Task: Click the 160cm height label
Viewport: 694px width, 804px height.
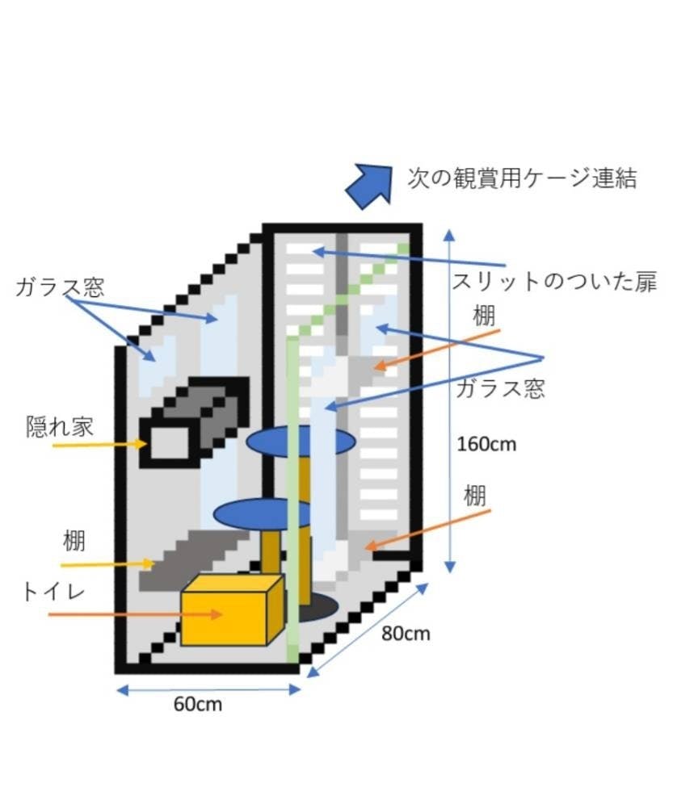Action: tap(486, 444)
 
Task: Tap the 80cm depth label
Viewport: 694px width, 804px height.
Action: tap(406, 634)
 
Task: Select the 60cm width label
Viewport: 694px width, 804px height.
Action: tap(198, 704)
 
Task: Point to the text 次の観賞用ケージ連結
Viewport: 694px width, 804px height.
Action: tap(522, 178)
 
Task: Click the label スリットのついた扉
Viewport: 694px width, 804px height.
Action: tap(554, 282)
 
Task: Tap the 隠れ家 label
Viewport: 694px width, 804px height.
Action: tap(60, 426)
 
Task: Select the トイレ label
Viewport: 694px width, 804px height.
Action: tap(53, 593)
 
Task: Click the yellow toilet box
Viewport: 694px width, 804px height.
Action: tap(232, 609)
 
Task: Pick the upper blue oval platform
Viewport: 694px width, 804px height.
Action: tap(301, 441)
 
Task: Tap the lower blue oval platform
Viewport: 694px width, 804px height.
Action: tap(262, 513)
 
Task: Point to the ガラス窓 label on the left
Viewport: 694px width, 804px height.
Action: tap(60, 287)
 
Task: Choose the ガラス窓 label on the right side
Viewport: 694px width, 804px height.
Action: tap(500, 388)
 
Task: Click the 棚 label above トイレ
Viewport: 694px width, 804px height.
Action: tap(74, 541)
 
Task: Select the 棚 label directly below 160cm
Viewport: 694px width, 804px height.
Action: tap(475, 496)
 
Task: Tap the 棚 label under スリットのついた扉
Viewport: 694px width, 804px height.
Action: tap(484, 316)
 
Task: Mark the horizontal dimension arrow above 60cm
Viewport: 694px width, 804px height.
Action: tap(208, 690)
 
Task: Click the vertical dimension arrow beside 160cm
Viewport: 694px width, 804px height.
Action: tap(449, 401)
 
